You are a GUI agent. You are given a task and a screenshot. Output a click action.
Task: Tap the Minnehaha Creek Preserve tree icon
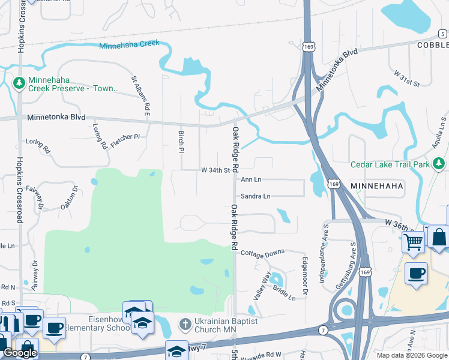click(x=19, y=81)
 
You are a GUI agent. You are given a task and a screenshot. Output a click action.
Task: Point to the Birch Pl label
click(x=181, y=142)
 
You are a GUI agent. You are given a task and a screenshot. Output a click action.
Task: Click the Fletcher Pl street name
click(x=125, y=137)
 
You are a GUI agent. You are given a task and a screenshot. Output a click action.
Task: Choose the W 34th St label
click(x=215, y=170)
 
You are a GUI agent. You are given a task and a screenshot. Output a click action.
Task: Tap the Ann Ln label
click(x=251, y=179)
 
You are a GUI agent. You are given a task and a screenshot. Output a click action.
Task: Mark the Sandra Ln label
click(x=256, y=196)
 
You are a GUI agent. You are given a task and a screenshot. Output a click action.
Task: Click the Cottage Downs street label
click(x=262, y=253)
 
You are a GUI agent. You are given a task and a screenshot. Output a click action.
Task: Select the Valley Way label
click(x=262, y=286)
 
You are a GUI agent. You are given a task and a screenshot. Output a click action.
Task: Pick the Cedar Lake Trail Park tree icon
click(x=439, y=163)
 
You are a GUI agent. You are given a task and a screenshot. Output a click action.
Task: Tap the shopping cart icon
click(x=413, y=242)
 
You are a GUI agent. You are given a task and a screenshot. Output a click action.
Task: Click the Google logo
click(x=20, y=353)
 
